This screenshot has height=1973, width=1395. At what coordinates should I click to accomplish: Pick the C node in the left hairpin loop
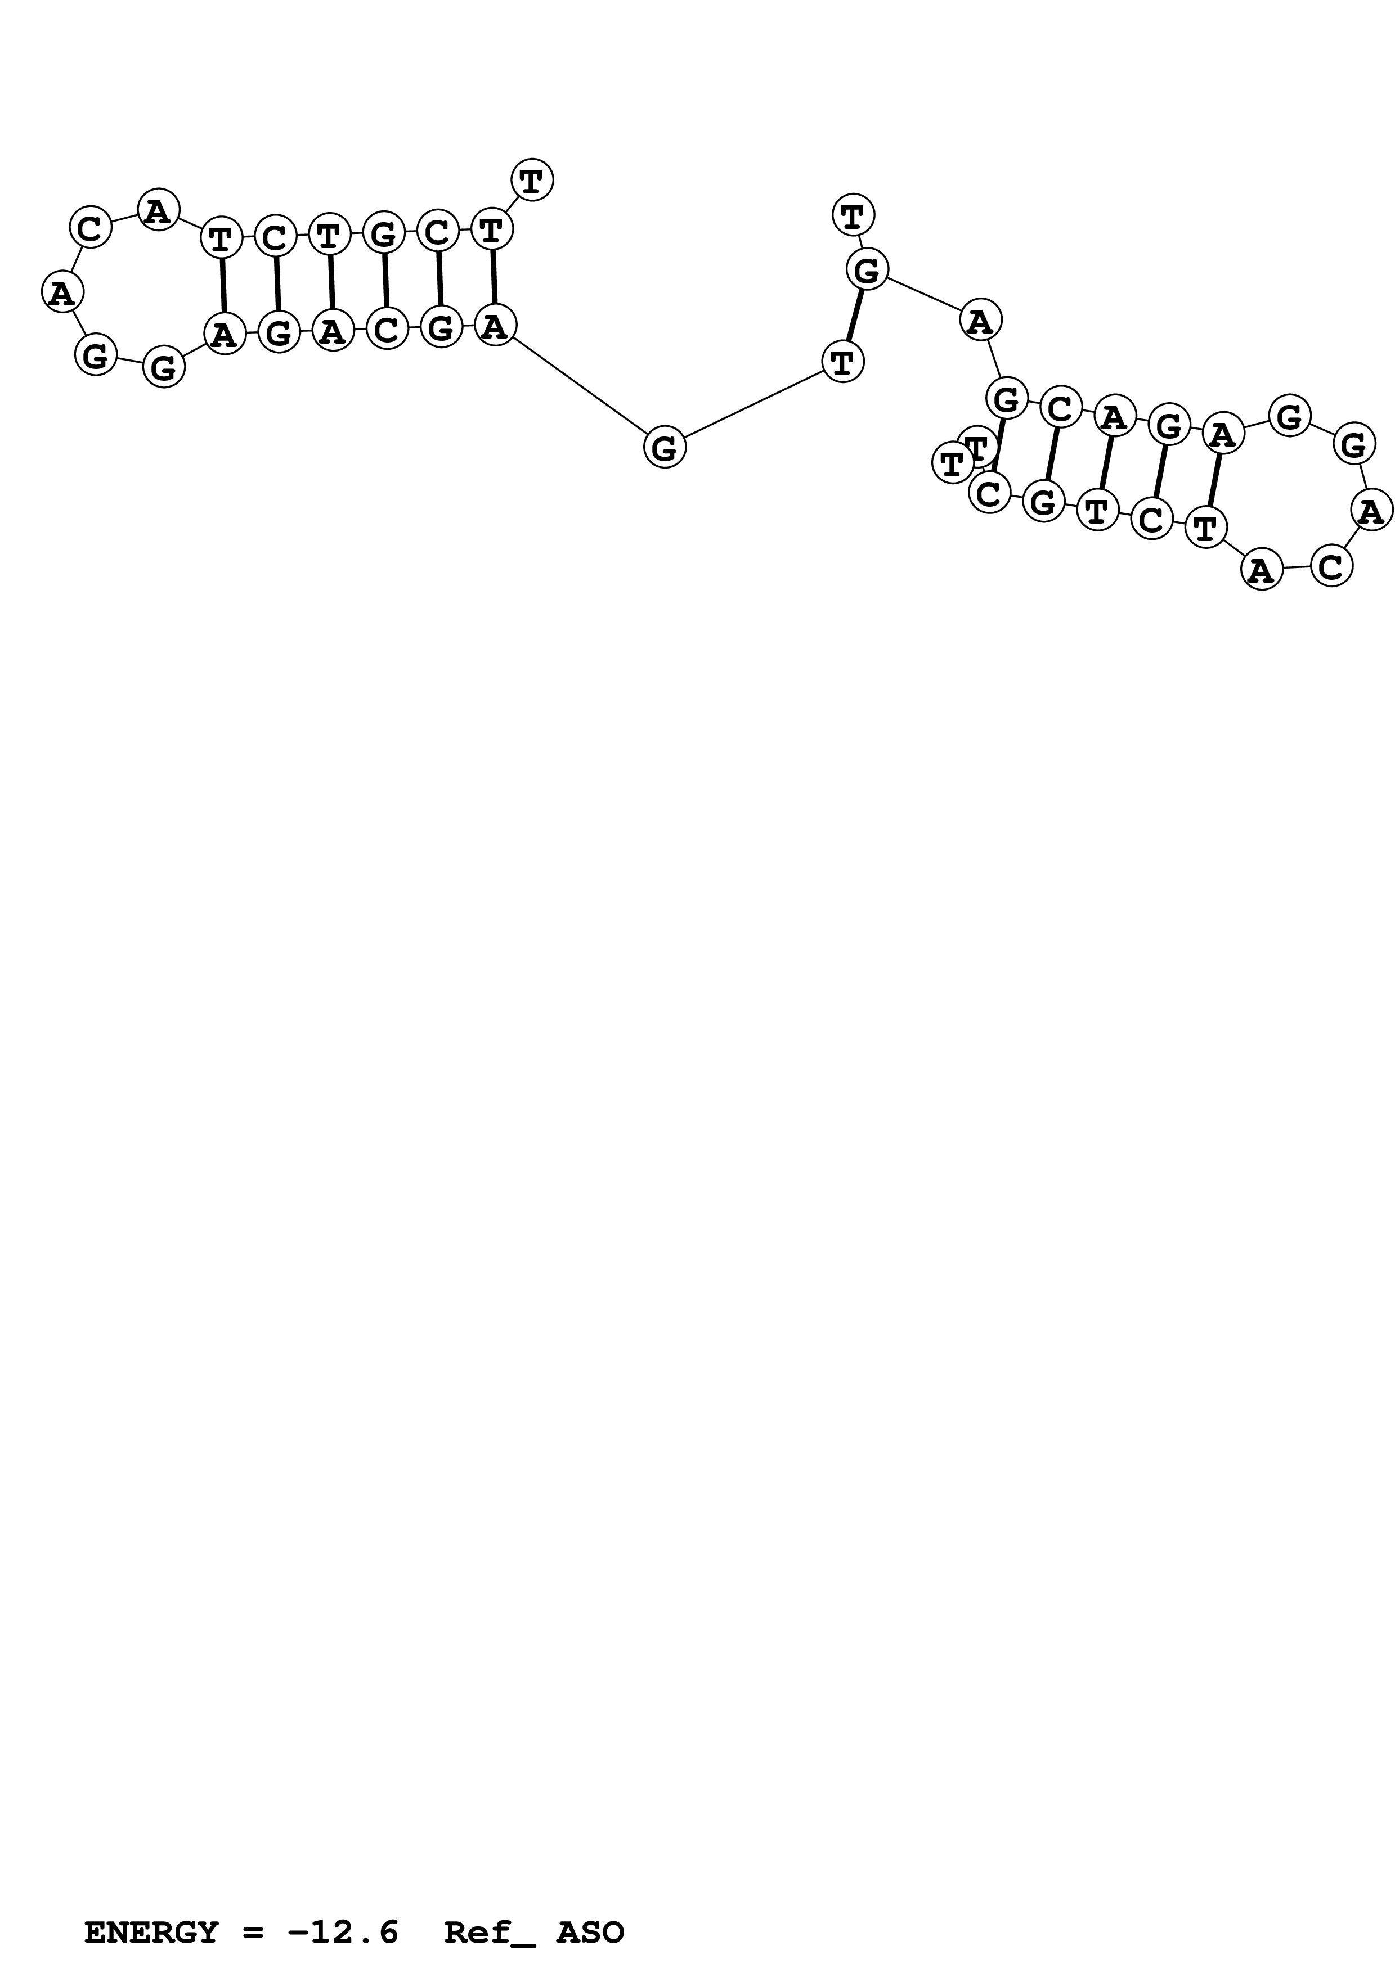click(x=90, y=228)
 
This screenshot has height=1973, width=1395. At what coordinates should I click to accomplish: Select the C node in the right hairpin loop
click(x=1330, y=567)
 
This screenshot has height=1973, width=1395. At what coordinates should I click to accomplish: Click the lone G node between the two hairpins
click(x=665, y=448)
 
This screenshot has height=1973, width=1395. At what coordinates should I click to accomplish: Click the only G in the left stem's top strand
click(x=383, y=232)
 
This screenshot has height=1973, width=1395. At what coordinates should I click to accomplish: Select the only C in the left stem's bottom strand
click(x=387, y=329)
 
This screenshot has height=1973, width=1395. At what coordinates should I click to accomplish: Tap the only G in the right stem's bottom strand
click(x=1043, y=501)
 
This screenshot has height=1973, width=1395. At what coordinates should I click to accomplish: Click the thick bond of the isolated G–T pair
click(x=854, y=316)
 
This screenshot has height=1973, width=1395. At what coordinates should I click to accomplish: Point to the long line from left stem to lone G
click(x=580, y=387)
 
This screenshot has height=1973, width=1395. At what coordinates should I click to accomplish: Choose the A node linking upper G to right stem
click(x=980, y=321)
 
